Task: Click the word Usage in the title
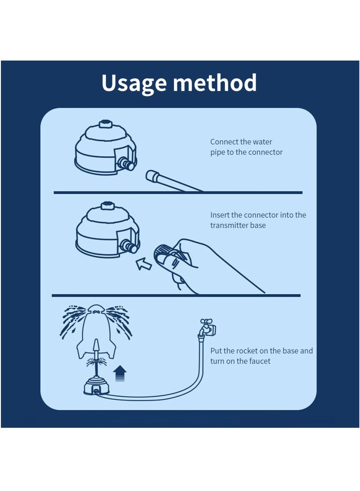pos(134,83)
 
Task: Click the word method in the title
pos(215,82)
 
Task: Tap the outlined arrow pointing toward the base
pos(144,264)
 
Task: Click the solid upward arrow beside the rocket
pos(120,373)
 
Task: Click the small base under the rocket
pos(96,387)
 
